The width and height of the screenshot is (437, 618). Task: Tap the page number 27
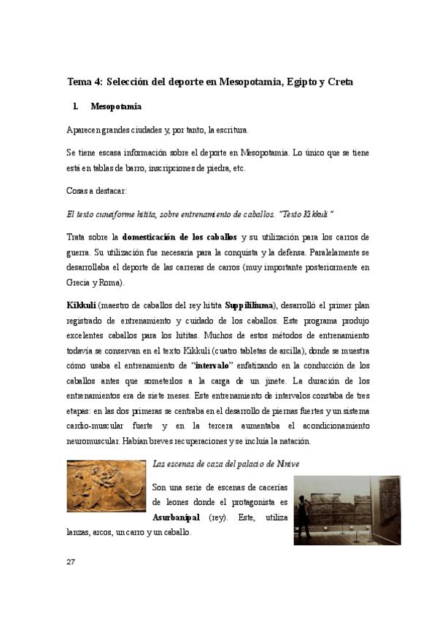(x=71, y=562)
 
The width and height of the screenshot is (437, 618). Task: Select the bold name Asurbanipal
(x=176, y=518)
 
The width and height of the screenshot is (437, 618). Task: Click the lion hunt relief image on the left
(x=105, y=486)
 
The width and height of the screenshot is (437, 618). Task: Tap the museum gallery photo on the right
(x=347, y=510)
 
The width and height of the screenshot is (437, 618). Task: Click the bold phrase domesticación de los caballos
(x=179, y=237)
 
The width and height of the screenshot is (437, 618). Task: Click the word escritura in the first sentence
(x=228, y=130)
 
